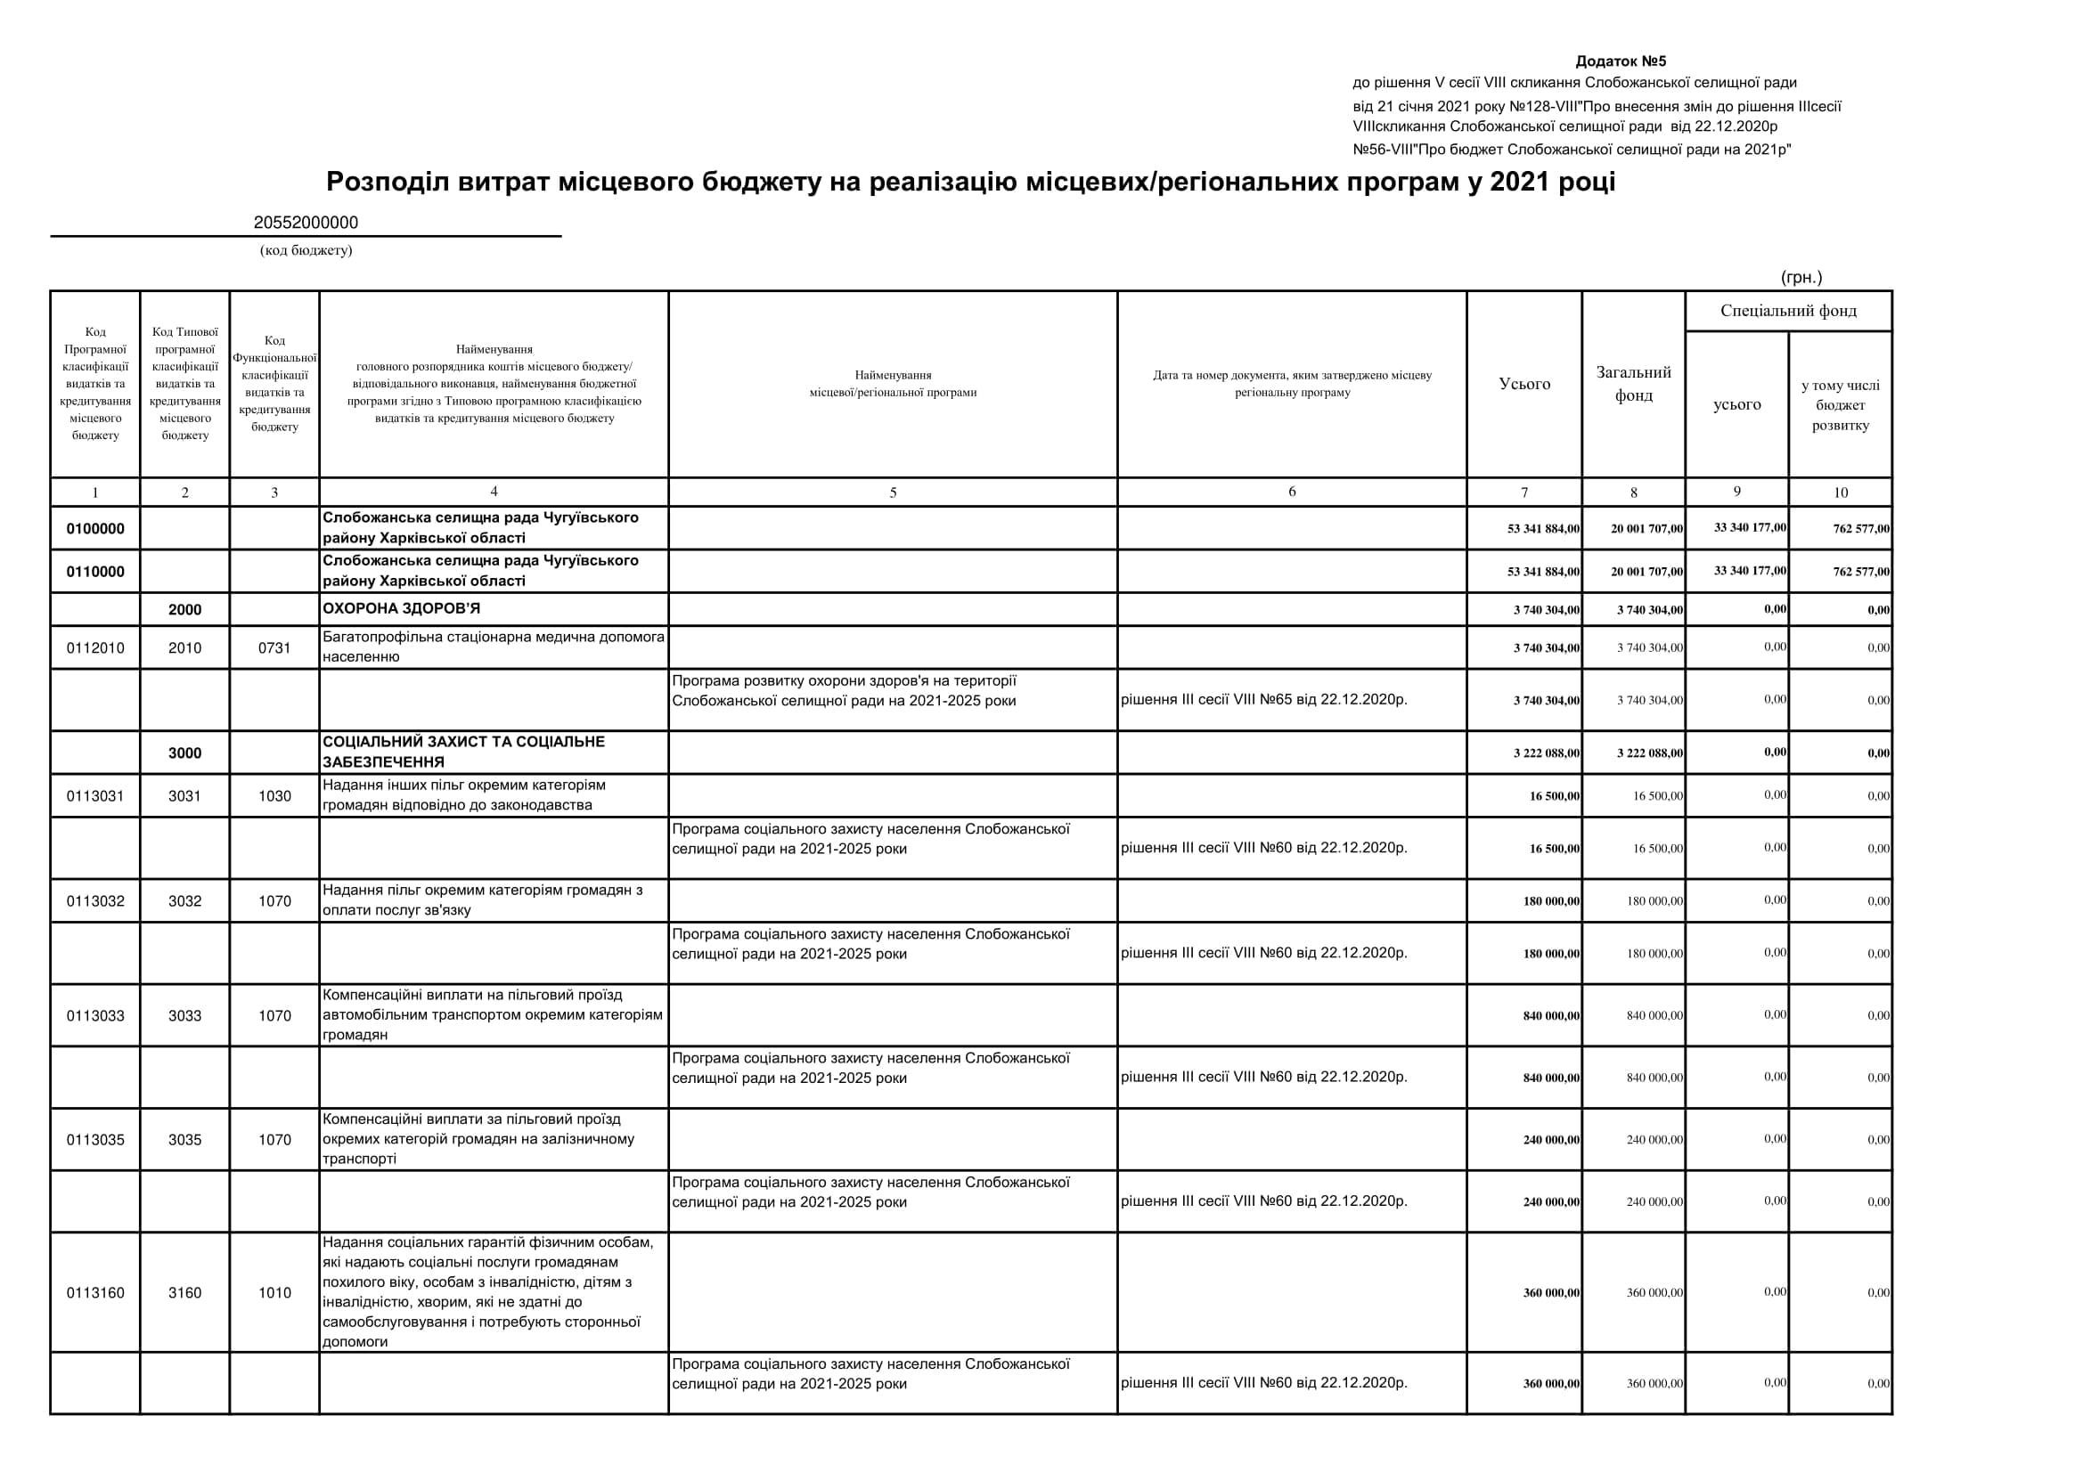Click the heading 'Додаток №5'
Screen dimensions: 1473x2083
click(1621, 61)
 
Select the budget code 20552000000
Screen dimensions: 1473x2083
click(306, 224)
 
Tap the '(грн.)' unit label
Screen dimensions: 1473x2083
click(1801, 278)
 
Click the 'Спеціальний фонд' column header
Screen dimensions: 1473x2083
click(1788, 311)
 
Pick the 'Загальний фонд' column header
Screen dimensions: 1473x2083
click(1633, 384)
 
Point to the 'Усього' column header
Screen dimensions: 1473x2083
click(1524, 384)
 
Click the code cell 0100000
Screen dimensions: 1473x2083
click(95, 529)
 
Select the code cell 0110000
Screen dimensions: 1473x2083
click(95, 573)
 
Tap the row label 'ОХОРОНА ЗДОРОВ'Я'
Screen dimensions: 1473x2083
click(402, 608)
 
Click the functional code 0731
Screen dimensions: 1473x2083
click(274, 648)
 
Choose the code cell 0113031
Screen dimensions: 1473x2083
click(95, 796)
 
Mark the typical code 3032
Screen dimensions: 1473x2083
click(185, 901)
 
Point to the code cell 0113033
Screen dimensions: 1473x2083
click(95, 1016)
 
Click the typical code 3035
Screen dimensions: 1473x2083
click(185, 1140)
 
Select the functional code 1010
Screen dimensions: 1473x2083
click(274, 1293)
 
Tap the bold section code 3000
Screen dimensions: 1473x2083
click(185, 753)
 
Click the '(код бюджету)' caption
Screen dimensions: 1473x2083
click(306, 250)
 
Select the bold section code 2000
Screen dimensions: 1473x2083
click(185, 610)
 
